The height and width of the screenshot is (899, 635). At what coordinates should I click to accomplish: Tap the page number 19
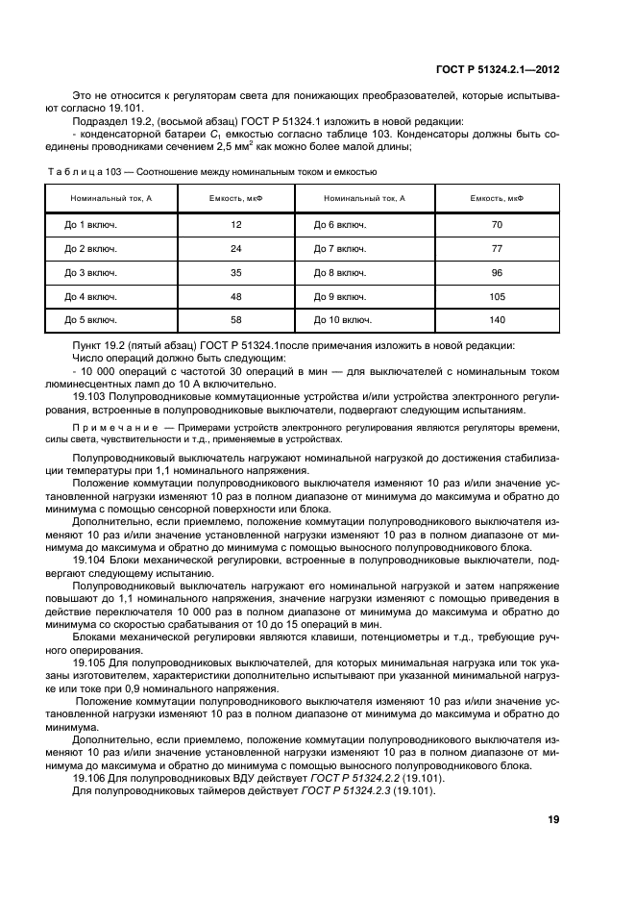(553, 819)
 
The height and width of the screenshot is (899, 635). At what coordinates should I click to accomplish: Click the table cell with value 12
(235, 224)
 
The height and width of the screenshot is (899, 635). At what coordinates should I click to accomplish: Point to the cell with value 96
(497, 272)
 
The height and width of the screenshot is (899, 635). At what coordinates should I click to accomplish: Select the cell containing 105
(497, 296)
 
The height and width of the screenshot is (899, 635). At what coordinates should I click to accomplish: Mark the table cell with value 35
(235, 272)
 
